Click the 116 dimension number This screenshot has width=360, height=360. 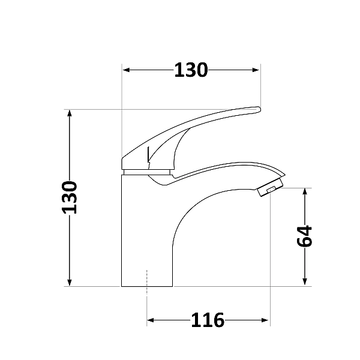[208, 320]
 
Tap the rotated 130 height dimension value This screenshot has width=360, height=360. [70, 197]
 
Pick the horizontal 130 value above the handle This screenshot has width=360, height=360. [191, 70]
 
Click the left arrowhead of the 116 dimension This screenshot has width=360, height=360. [152, 320]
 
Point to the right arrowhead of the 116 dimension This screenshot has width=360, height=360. [265, 320]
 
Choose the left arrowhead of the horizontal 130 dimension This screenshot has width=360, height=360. [127, 70]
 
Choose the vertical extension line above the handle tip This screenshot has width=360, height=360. [260, 87]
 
